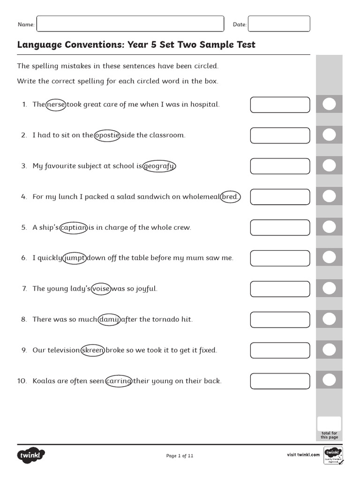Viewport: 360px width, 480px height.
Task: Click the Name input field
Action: (x=130, y=24)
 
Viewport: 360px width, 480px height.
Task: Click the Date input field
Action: (x=279, y=24)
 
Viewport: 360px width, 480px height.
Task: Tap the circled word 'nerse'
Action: (x=56, y=105)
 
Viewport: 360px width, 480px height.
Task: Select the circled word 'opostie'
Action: (x=107, y=135)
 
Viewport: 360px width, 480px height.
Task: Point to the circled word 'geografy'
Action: (x=159, y=166)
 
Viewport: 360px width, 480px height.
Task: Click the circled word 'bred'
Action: (x=230, y=197)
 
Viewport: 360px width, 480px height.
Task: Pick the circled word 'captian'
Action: (x=74, y=227)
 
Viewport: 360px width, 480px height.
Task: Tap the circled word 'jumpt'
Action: (x=75, y=258)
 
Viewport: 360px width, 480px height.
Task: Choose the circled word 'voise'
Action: (x=101, y=289)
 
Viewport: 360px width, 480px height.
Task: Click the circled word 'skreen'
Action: (x=92, y=350)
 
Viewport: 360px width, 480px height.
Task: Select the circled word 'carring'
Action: (x=119, y=381)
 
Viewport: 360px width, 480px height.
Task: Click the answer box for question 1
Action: (x=280, y=105)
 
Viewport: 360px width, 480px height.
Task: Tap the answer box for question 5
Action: (x=280, y=227)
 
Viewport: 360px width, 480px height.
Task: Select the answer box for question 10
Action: (x=280, y=381)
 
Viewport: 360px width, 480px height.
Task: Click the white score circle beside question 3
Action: (x=330, y=165)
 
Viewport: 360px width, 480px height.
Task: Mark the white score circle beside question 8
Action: (x=330, y=319)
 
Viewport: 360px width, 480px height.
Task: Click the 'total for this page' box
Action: (x=329, y=423)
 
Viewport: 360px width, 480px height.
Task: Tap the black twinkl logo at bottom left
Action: (x=31, y=455)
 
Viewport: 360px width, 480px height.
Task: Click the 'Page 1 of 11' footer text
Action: (x=180, y=455)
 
